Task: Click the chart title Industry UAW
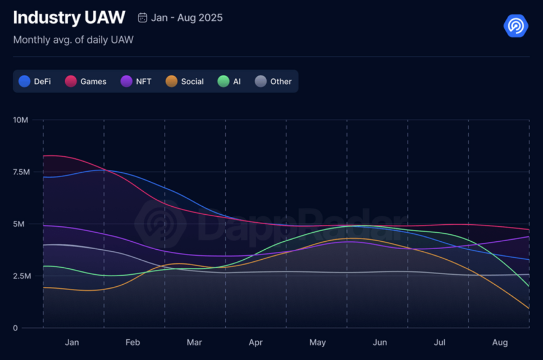[69, 17]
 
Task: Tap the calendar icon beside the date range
[142, 17]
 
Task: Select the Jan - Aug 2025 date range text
[187, 17]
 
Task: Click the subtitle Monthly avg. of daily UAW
[73, 40]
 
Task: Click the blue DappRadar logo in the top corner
[515, 25]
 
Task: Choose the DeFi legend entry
[35, 82]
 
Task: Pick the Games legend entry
[86, 82]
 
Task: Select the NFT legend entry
[136, 82]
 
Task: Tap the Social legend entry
[185, 82]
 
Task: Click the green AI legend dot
[223, 82]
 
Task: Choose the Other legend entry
[274, 82]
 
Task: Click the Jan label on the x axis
[72, 343]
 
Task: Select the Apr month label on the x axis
[256, 343]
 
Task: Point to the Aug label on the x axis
[500, 343]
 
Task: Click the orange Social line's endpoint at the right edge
[529, 309]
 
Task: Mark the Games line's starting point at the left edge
[43, 156]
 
